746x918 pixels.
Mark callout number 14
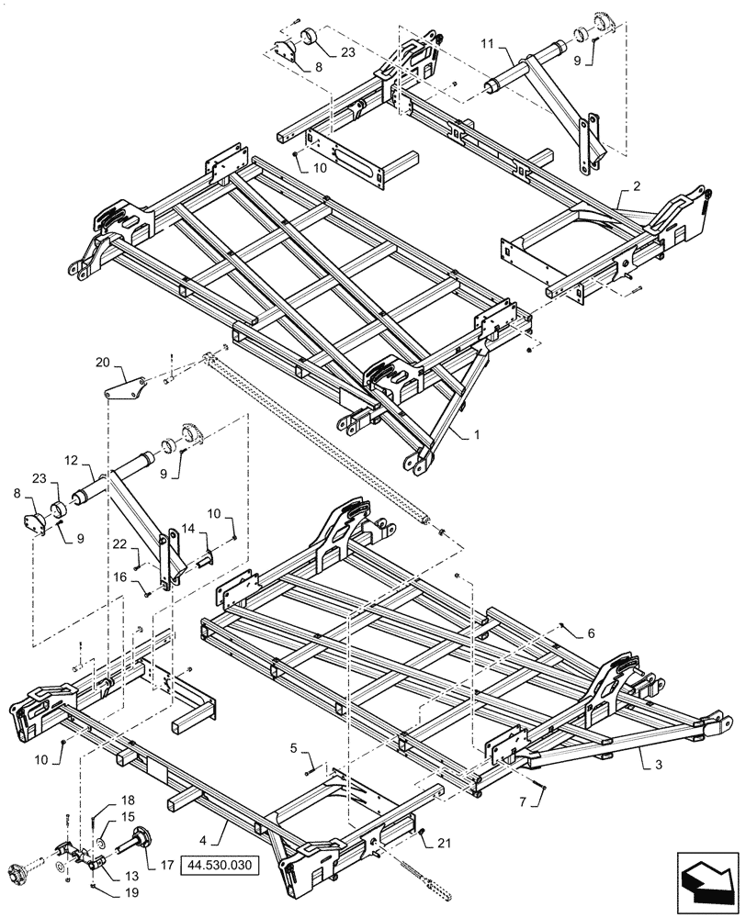[x=187, y=529]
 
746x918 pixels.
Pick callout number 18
[x=127, y=800]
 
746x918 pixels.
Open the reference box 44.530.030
[x=221, y=865]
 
